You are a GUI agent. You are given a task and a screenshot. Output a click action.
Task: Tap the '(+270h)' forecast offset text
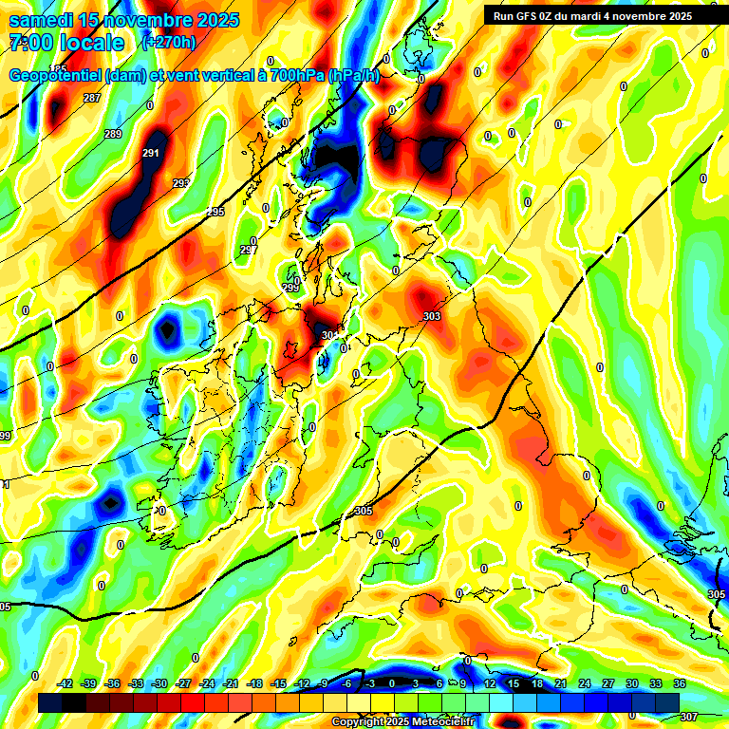tap(168, 42)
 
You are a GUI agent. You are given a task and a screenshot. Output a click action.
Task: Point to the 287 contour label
tap(92, 99)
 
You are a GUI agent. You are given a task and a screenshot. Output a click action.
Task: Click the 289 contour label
tap(113, 134)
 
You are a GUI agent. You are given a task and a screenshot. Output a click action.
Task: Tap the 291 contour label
tap(150, 153)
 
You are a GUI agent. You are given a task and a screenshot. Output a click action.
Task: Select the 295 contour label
tap(215, 212)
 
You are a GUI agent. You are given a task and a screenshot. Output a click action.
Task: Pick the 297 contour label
tap(249, 250)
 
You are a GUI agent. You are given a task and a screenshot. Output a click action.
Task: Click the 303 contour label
tap(432, 316)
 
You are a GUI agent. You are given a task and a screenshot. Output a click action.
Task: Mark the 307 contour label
tap(690, 717)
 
